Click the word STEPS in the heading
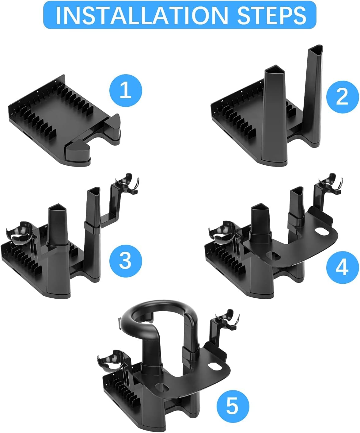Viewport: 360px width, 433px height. pyautogui.click(x=272, y=15)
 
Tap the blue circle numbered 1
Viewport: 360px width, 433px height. pyautogui.click(x=126, y=91)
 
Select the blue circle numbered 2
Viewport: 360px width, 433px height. pyautogui.click(x=343, y=97)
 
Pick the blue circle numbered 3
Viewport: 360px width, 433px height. pyautogui.click(x=126, y=261)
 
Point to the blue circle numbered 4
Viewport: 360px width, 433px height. pyautogui.click(x=343, y=267)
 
